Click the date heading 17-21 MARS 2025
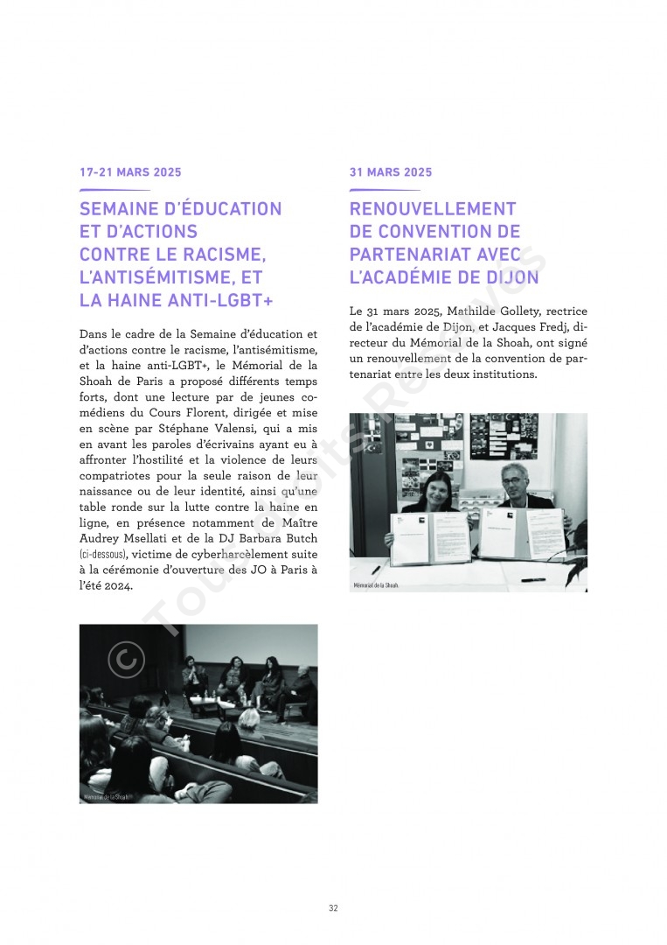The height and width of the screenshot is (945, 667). click(x=130, y=172)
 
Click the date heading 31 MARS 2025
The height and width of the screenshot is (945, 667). click(x=391, y=172)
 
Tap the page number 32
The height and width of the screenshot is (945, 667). click(x=333, y=908)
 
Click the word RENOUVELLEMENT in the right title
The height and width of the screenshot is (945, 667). click(x=433, y=209)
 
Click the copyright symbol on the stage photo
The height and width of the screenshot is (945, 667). click(x=126, y=660)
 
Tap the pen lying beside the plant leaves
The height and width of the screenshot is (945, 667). click(x=532, y=579)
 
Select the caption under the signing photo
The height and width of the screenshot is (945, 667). click(x=376, y=584)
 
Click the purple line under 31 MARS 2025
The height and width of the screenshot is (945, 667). click(x=385, y=190)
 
